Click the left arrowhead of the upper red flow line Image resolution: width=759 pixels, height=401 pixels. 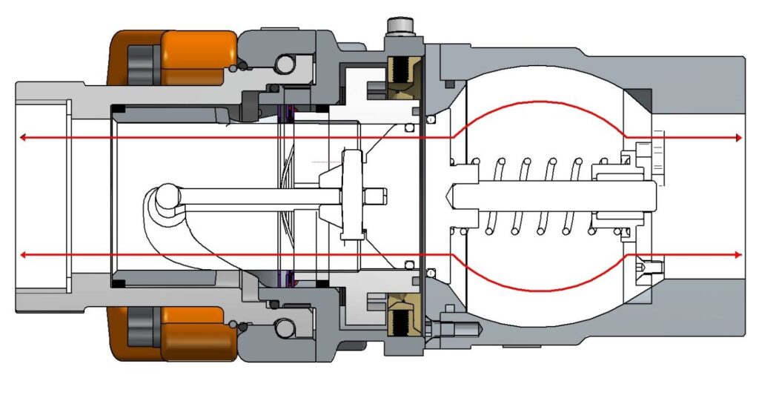pyautogui.click(x=24, y=137)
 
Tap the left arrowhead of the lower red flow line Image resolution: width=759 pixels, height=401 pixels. pyautogui.click(x=24, y=255)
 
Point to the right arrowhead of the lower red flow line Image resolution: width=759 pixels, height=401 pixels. pyautogui.click(x=738, y=255)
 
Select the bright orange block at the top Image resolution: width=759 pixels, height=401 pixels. pyautogui.click(x=197, y=57)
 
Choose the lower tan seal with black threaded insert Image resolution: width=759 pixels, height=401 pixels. pyautogui.click(x=404, y=314)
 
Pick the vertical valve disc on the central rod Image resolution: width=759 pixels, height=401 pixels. pyautogui.click(x=352, y=195)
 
